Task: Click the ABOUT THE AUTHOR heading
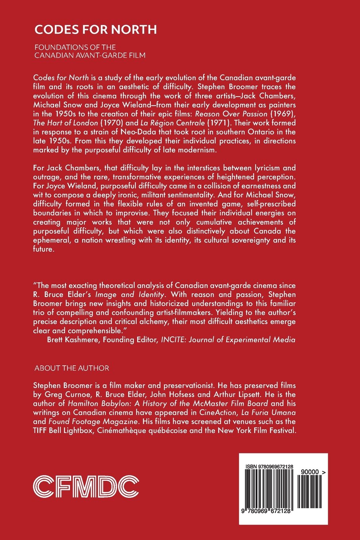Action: tap(71, 368)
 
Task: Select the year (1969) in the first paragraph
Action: tap(281, 114)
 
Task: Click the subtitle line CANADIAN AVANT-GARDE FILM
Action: tap(90, 56)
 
